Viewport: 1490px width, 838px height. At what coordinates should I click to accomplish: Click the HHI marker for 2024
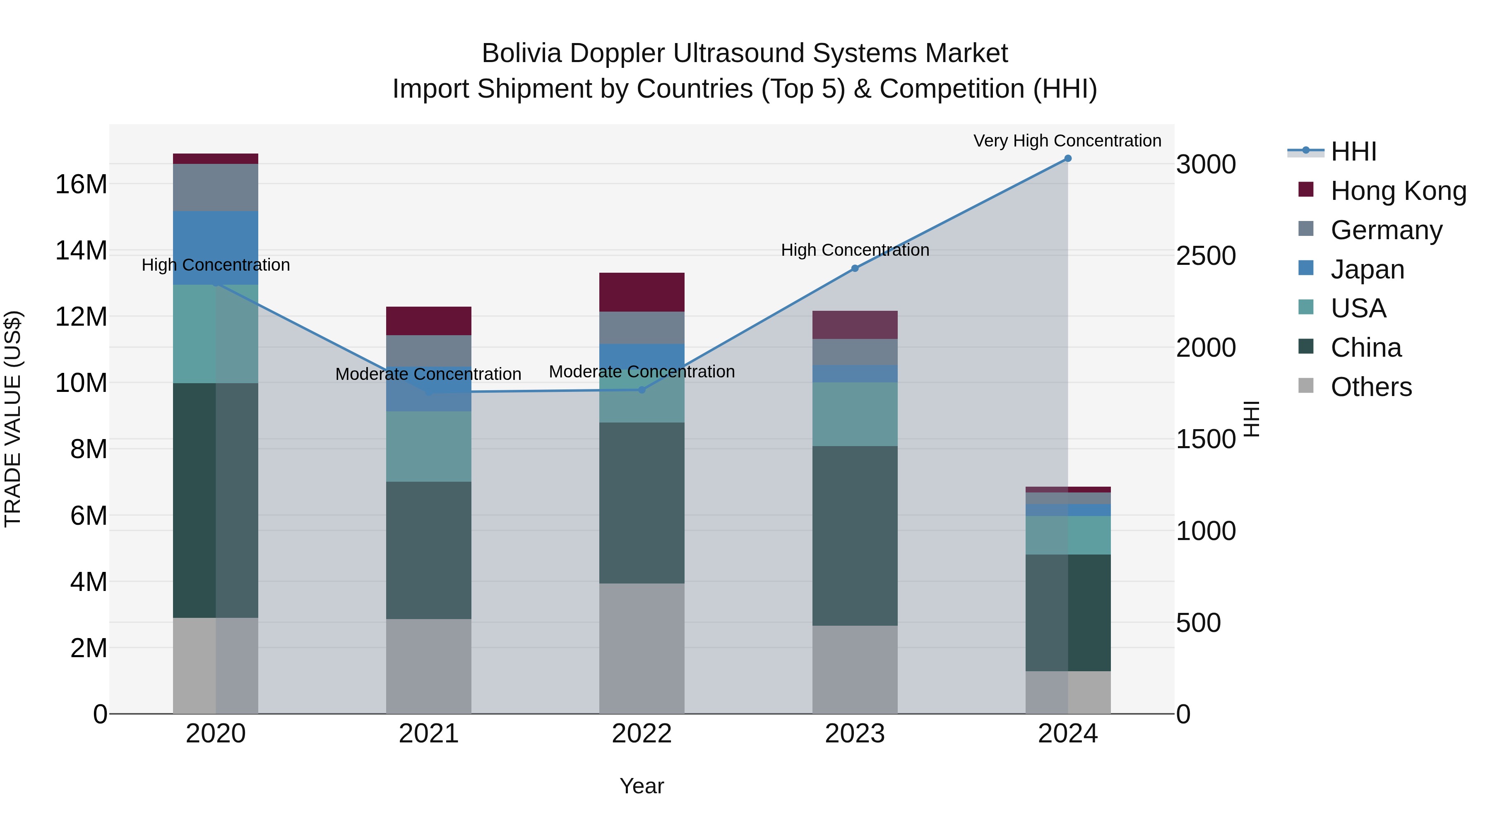[x=1068, y=158]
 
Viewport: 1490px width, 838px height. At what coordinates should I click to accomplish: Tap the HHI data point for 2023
[x=855, y=268]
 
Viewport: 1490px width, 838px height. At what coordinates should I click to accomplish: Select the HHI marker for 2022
[x=642, y=390]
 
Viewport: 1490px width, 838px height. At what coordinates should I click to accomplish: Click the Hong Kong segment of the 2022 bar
[x=642, y=292]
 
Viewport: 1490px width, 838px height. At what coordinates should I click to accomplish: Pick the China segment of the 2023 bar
[x=855, y=535]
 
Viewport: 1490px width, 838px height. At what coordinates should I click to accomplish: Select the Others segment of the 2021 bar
[x=429, y=666]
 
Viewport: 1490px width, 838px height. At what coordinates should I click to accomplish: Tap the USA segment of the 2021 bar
[x=429, y=447]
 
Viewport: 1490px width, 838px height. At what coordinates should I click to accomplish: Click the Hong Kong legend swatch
[x=1306, y=190]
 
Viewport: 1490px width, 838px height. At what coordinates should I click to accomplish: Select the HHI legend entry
[x=1353, y=151]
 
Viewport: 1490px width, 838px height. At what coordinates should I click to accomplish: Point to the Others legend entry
[x=1371, y=387]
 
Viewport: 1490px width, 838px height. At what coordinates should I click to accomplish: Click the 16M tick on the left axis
[x=81, y=185]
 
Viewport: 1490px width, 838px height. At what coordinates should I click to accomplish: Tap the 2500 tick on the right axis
[x=1206, y=256]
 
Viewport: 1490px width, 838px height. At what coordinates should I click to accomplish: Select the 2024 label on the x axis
[x=1068, y=734]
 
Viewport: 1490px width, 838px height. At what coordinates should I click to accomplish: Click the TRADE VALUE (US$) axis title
[x=13, y=419]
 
